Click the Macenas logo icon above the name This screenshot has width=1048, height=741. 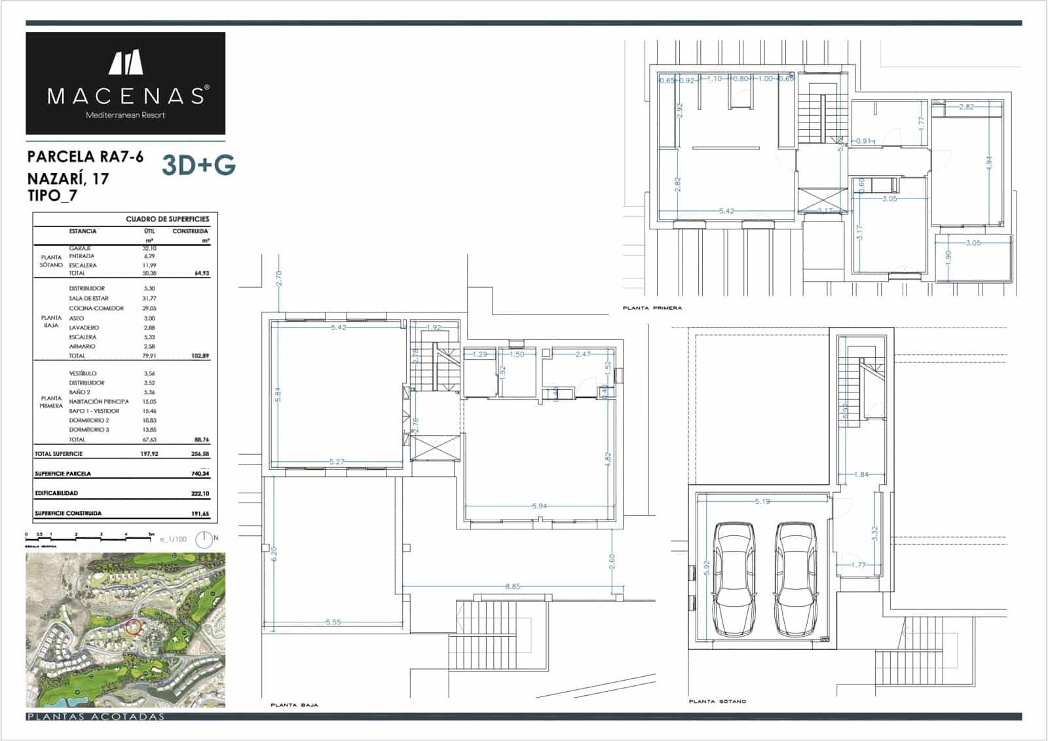coord(126,62)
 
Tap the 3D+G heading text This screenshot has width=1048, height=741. coord(198,166)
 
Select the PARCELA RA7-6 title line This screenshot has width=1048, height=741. coord(85,157)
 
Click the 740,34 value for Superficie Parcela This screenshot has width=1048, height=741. coord(200,474)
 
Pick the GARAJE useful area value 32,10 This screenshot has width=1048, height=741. coord(149,248)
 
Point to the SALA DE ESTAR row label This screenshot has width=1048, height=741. coord(89,298)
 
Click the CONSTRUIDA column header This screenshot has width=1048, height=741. coord(190,231)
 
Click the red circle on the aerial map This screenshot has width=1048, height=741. coord(132,627)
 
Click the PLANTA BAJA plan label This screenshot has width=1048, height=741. coord(294,705)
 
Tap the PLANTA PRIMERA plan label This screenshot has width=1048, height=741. coord(652,307)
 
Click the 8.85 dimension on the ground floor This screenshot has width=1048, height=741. coord(513,586)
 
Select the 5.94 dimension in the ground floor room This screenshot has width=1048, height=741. coord(539,506)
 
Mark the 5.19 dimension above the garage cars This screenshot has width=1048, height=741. coord(762,501)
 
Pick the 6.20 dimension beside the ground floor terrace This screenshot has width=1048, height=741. coord(274,554)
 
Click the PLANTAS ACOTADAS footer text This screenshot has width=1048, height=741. coord(96,717)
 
